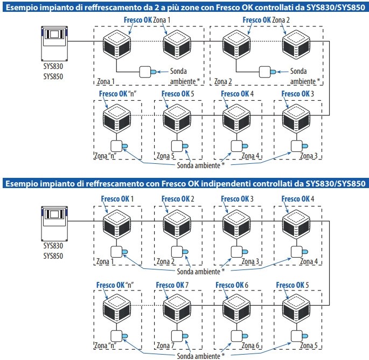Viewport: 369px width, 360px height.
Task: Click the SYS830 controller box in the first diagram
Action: [x=54, y=44]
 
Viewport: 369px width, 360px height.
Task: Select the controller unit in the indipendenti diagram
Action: [x=54, y=224]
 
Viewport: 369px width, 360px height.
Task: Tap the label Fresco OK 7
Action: [x=172, y=285]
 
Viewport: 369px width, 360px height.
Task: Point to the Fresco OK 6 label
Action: [x=232, y=285]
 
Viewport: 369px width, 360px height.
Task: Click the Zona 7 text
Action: [x=165, y=345]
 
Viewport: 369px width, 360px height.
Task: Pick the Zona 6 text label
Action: [x=250, y=345]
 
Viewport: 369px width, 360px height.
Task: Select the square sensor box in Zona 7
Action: [x=177, y=336]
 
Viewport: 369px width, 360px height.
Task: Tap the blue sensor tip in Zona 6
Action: [x=245, y=336]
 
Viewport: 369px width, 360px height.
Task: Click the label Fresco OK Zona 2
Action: [x=266, y=20]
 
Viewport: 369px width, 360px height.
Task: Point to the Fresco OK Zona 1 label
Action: [x=147, y=20]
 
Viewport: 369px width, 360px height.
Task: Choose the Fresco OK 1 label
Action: [x=117, y=199]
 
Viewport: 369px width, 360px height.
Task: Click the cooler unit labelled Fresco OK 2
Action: [x=177, y=224]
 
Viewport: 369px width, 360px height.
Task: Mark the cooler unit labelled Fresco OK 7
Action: [x=177, y=308]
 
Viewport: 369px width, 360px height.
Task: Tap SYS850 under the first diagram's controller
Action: [x=53, y=77]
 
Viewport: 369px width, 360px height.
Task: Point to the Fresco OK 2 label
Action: [x=178, y=199]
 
